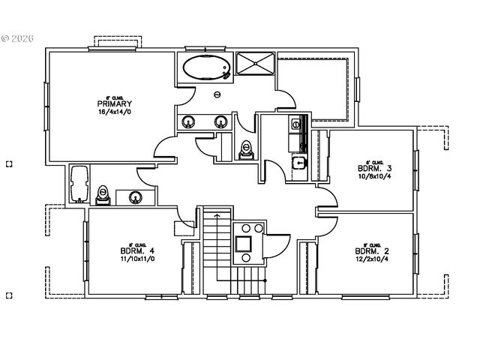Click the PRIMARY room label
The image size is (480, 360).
click(114, 103)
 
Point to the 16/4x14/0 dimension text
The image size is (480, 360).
click(114, 112)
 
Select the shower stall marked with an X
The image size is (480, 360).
click(256, 64)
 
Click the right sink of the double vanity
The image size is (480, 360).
click(220, 121)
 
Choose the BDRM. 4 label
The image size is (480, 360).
click(136, 250)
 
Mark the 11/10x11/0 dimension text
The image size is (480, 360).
click(136, 259)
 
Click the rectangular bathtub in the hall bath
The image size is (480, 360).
click(79, 184)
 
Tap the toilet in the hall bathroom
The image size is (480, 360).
click(105, 194)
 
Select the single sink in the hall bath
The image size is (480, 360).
click(135, 197)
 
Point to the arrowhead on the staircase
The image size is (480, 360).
click(217, 215)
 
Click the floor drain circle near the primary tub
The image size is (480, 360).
click(217, 94)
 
